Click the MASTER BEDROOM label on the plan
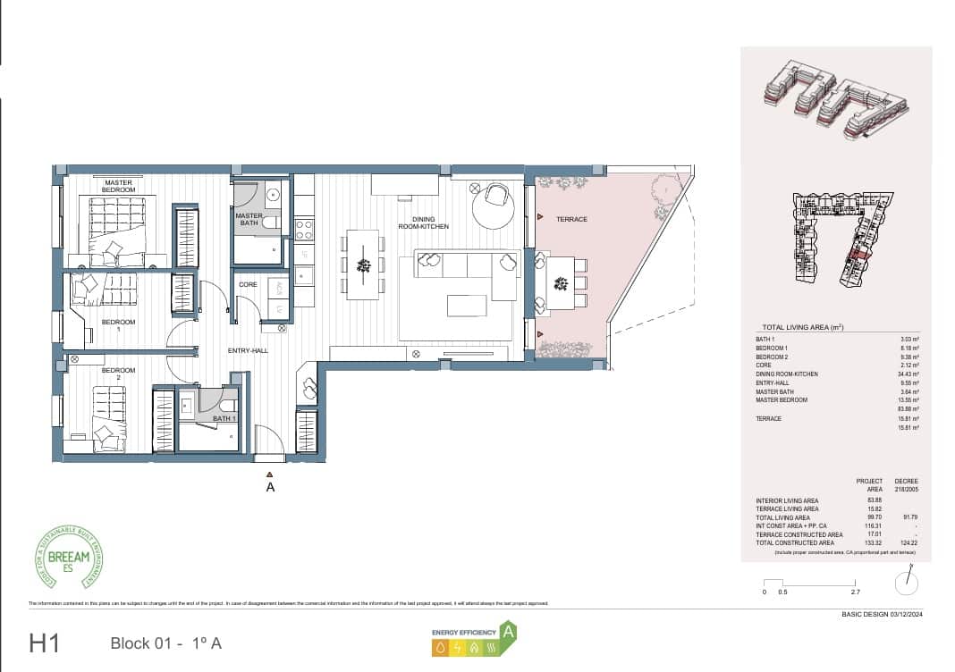[118, 186]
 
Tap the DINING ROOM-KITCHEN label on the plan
[424, 223]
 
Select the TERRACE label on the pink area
[571, 219]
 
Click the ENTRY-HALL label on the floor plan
[249, 351]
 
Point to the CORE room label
[249, 284]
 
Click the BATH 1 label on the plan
[224, 418]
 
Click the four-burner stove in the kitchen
[304, 230]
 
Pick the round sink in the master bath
[272, 193]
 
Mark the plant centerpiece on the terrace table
[561, 284]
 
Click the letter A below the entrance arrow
[270, 488]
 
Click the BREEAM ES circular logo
[68, 558]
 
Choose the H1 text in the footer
[45, 643]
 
